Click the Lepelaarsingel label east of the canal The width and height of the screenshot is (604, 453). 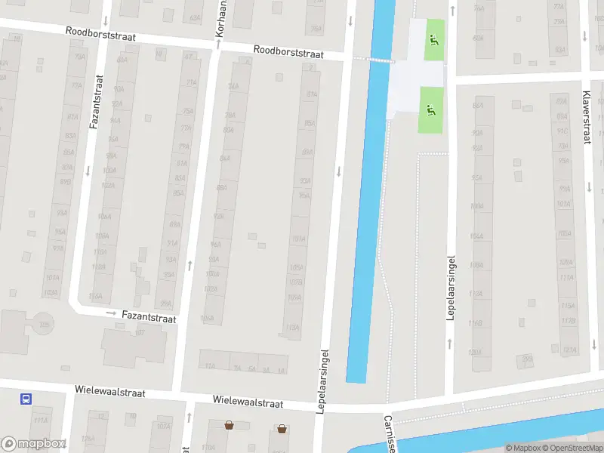pyautogui.click(x=451, y=288)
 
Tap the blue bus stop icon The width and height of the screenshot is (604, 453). pyautogui.click(x=26, y=399)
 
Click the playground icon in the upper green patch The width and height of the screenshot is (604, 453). pyautogui.click(x=433, y=40)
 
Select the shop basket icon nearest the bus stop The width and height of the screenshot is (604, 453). pyautogui.click(x=229, y=426)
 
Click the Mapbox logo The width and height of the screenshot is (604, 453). pyautogui.click(x=34, y=444)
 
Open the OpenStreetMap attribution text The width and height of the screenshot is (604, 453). pyautogui.click(x=572, y=448)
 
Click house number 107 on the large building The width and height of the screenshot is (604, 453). pyautogui.click(x=140, y=331)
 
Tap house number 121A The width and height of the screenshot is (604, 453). pyautogui.click(x=570, y=350)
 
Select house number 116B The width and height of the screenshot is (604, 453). pyautogui.click(x=476, y=323)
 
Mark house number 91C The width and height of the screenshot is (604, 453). pyautogui.click(x=562, y=131)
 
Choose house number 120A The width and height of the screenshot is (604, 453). pyautogui.click(x=475, y=353)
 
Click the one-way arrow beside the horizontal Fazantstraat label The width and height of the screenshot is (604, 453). pyautogui.click(x=111, y=313)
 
